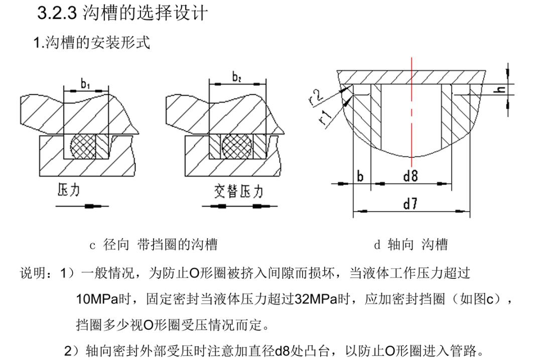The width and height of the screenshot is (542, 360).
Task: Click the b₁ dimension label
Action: click(x=86, y=84)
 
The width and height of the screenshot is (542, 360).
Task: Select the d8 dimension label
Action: click(x=411, y=176)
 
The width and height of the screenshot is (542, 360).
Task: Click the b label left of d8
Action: click(x=360, y=176)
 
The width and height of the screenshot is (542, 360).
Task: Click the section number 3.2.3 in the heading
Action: click(x=57, y=13)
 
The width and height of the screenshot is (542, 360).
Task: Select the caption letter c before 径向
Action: click(x=92, y=246)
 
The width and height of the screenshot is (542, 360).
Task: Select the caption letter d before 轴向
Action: click(x=377, y=246)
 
